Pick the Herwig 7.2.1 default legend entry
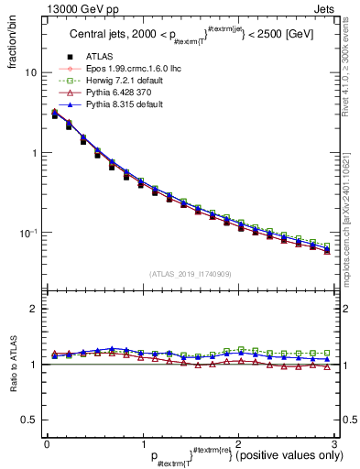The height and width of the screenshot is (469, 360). [x=115, y=105]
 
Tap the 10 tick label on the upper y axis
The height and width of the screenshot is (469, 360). [x=31, y=72]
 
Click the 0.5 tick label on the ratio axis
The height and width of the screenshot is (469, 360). [x=28, y=420]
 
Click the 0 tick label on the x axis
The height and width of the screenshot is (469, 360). [x=47, y=444]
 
